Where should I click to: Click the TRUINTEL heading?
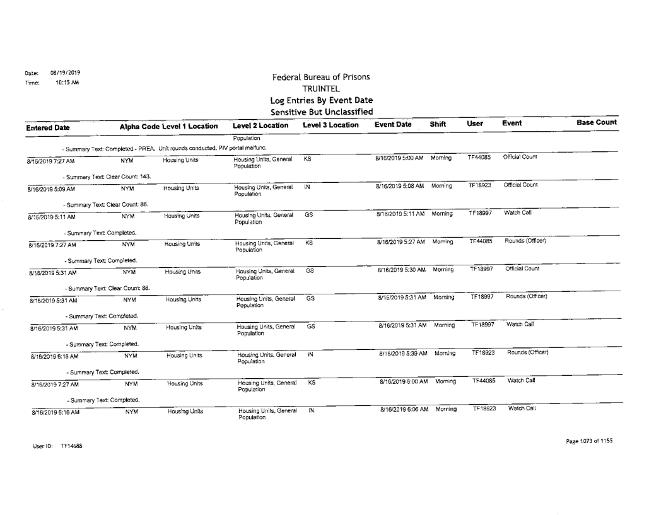pyautogui.click(x=320, y=90)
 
